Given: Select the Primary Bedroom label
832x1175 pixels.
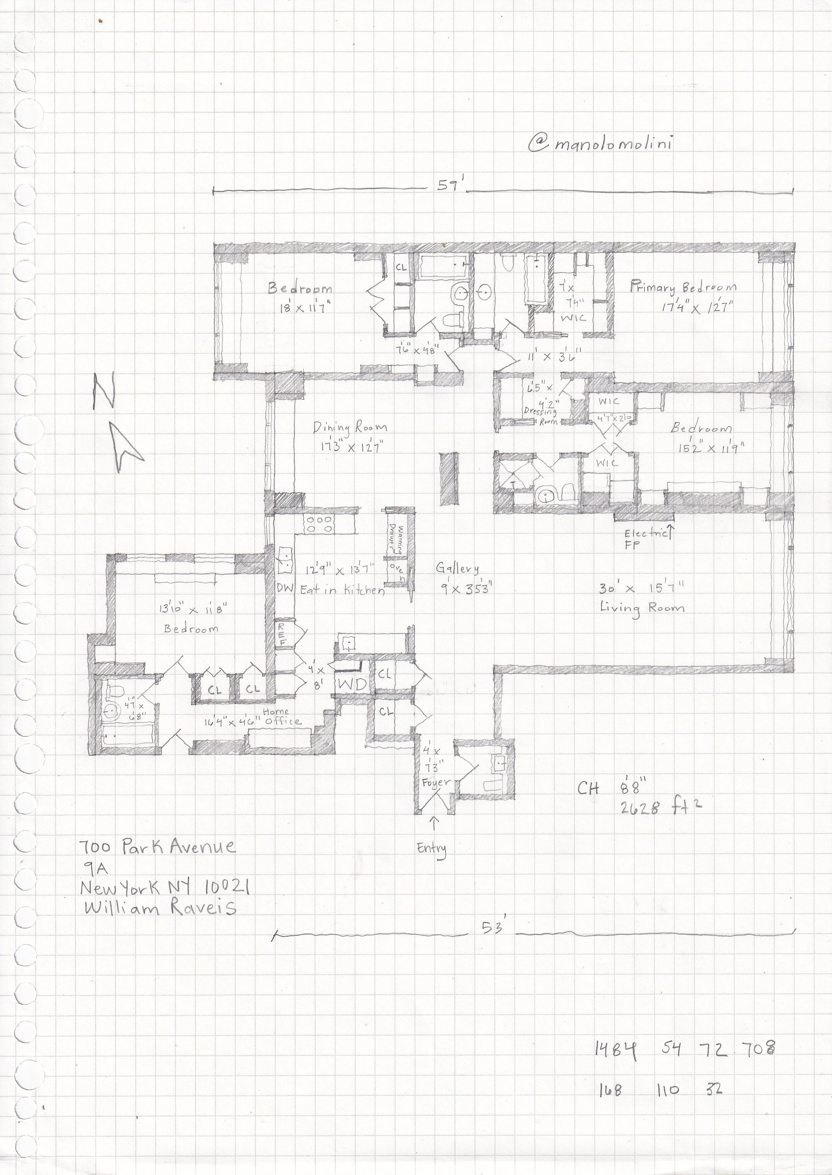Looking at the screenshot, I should pyautogui.click(x=683, y=287).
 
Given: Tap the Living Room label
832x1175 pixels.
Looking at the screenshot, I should pyautogui.click(x=642, y=608).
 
